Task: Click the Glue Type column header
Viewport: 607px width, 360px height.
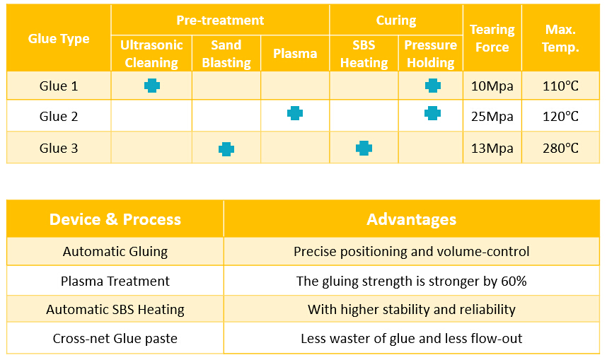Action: click(59, 39)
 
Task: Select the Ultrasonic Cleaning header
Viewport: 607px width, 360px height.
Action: click(151, 54)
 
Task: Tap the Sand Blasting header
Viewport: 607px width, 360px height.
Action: click(226, 54)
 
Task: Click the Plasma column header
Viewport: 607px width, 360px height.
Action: click(295, 54)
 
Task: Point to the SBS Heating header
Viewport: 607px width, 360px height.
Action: click(364, 54)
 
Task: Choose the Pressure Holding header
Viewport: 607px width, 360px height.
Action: click(430, 54)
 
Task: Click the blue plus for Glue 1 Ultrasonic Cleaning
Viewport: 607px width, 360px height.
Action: click(152, 86)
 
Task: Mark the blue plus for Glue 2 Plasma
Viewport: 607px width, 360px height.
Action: click(295, 113)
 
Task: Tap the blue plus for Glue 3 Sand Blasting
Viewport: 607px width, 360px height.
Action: click(226, 149)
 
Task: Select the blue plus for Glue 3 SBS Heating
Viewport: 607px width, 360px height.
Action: click(364, 148)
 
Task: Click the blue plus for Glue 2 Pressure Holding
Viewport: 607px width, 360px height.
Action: click(432, 113)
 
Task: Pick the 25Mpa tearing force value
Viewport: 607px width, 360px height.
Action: click(492, 117)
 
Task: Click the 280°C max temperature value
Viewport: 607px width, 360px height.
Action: click(560, 149)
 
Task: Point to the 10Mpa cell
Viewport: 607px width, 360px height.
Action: click(492, 86)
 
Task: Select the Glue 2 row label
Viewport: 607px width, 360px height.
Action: click(59, 117)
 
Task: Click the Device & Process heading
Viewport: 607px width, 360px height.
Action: click(115, 219)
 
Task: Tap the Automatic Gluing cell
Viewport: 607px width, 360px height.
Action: click(115, 252)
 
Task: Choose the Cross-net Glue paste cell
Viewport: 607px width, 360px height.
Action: click(115, 339)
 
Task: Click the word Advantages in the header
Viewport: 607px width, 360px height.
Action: click(412, 219)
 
